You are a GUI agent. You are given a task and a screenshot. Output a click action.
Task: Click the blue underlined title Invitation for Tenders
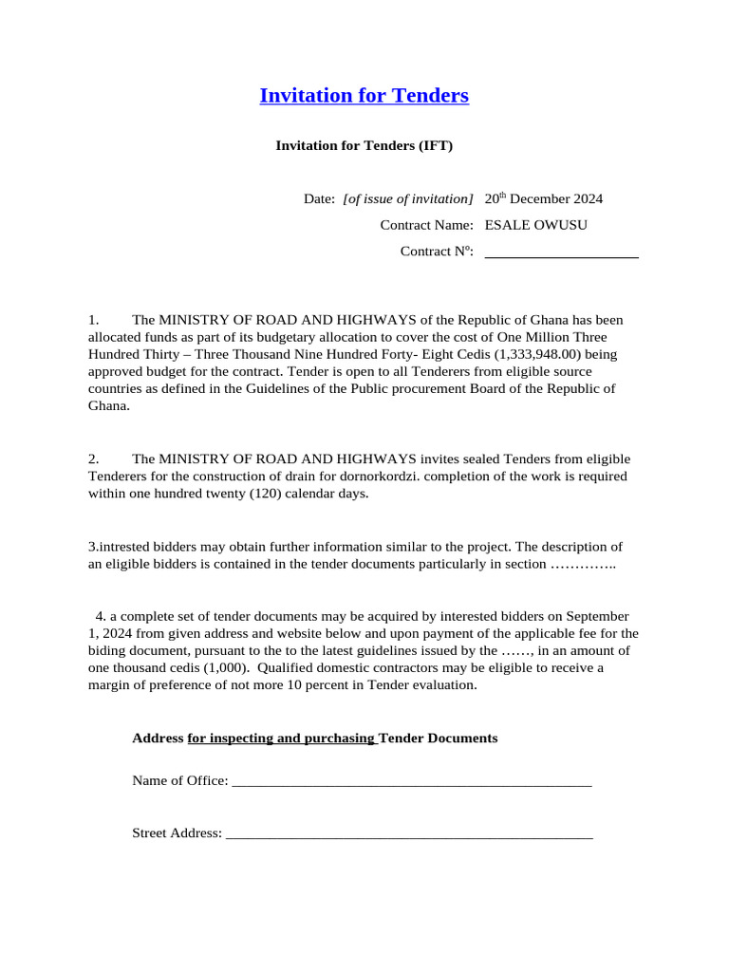(x=364, y=96)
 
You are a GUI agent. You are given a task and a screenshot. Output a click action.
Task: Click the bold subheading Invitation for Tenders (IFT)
(x=364, y=145)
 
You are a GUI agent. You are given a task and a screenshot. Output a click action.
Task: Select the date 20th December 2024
(x=543, y=199)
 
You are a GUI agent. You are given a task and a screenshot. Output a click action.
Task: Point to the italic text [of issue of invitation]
(x=407, y=199)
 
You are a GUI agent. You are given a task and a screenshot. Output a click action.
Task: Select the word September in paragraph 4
(x=598, y=616)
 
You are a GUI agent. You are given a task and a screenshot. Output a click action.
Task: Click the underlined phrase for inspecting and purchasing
(x=282, y=738)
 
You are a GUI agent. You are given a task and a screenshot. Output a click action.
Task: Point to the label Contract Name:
(x=426, y=225)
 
